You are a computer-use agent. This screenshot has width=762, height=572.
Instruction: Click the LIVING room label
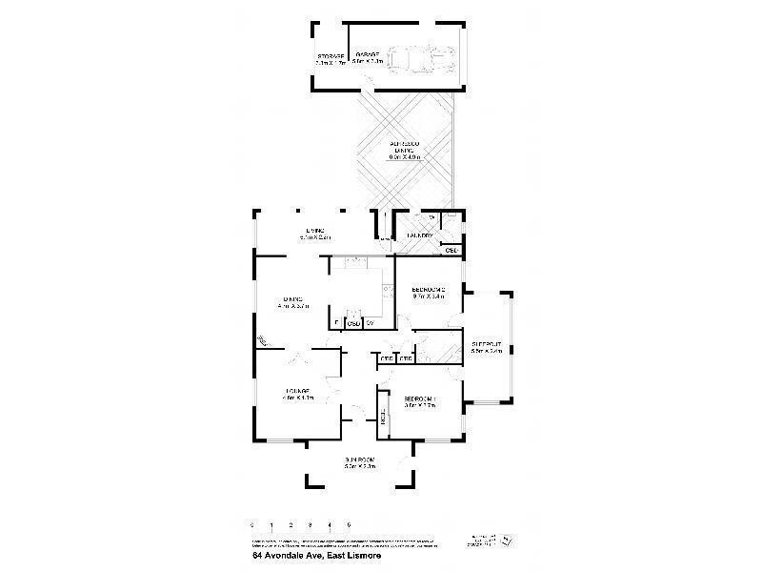point(315,233)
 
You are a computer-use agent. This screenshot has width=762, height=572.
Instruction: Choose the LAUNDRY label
point(421,235)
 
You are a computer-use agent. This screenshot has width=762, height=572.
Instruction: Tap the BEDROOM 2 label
point(429,292)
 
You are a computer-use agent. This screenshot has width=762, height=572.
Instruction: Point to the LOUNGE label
point(297,394)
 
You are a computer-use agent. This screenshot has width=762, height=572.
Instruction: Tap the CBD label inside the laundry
point(451,251)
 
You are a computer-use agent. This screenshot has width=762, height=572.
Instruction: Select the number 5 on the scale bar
point(350,524)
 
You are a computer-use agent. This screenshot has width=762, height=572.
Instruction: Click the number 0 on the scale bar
point(252,524)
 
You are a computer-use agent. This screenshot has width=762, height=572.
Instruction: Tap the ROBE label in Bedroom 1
point(384,416)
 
